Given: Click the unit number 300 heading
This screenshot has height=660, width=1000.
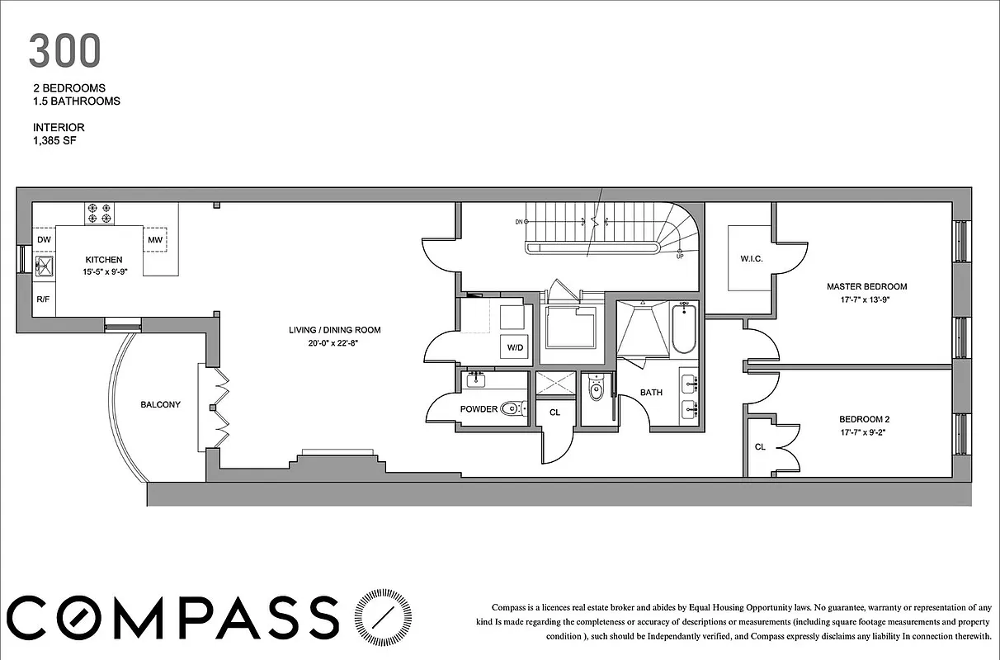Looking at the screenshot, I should click(64, 51).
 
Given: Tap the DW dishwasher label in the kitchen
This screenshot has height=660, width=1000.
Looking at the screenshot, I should click(44, 240).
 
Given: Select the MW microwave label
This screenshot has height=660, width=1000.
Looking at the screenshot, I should click(155, 240).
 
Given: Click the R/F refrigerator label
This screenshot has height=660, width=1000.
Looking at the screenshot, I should click(43, 300).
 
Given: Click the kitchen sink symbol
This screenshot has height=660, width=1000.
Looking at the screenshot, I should click(44, 265).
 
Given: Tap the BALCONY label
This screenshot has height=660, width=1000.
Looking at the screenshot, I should click(160, 404).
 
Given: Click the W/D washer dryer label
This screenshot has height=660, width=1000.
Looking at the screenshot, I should click(515, 347).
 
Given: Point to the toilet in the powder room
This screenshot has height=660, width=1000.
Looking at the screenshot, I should click(515, 408).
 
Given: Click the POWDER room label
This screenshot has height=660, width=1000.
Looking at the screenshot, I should click(479, 409).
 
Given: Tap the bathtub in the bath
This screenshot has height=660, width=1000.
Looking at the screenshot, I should click(683, 331).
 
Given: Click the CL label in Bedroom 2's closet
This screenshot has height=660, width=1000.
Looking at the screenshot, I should click(760, 446).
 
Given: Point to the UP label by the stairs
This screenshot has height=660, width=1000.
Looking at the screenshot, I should click(680, 256).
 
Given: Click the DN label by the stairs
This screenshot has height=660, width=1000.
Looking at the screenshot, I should click(518, 222).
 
